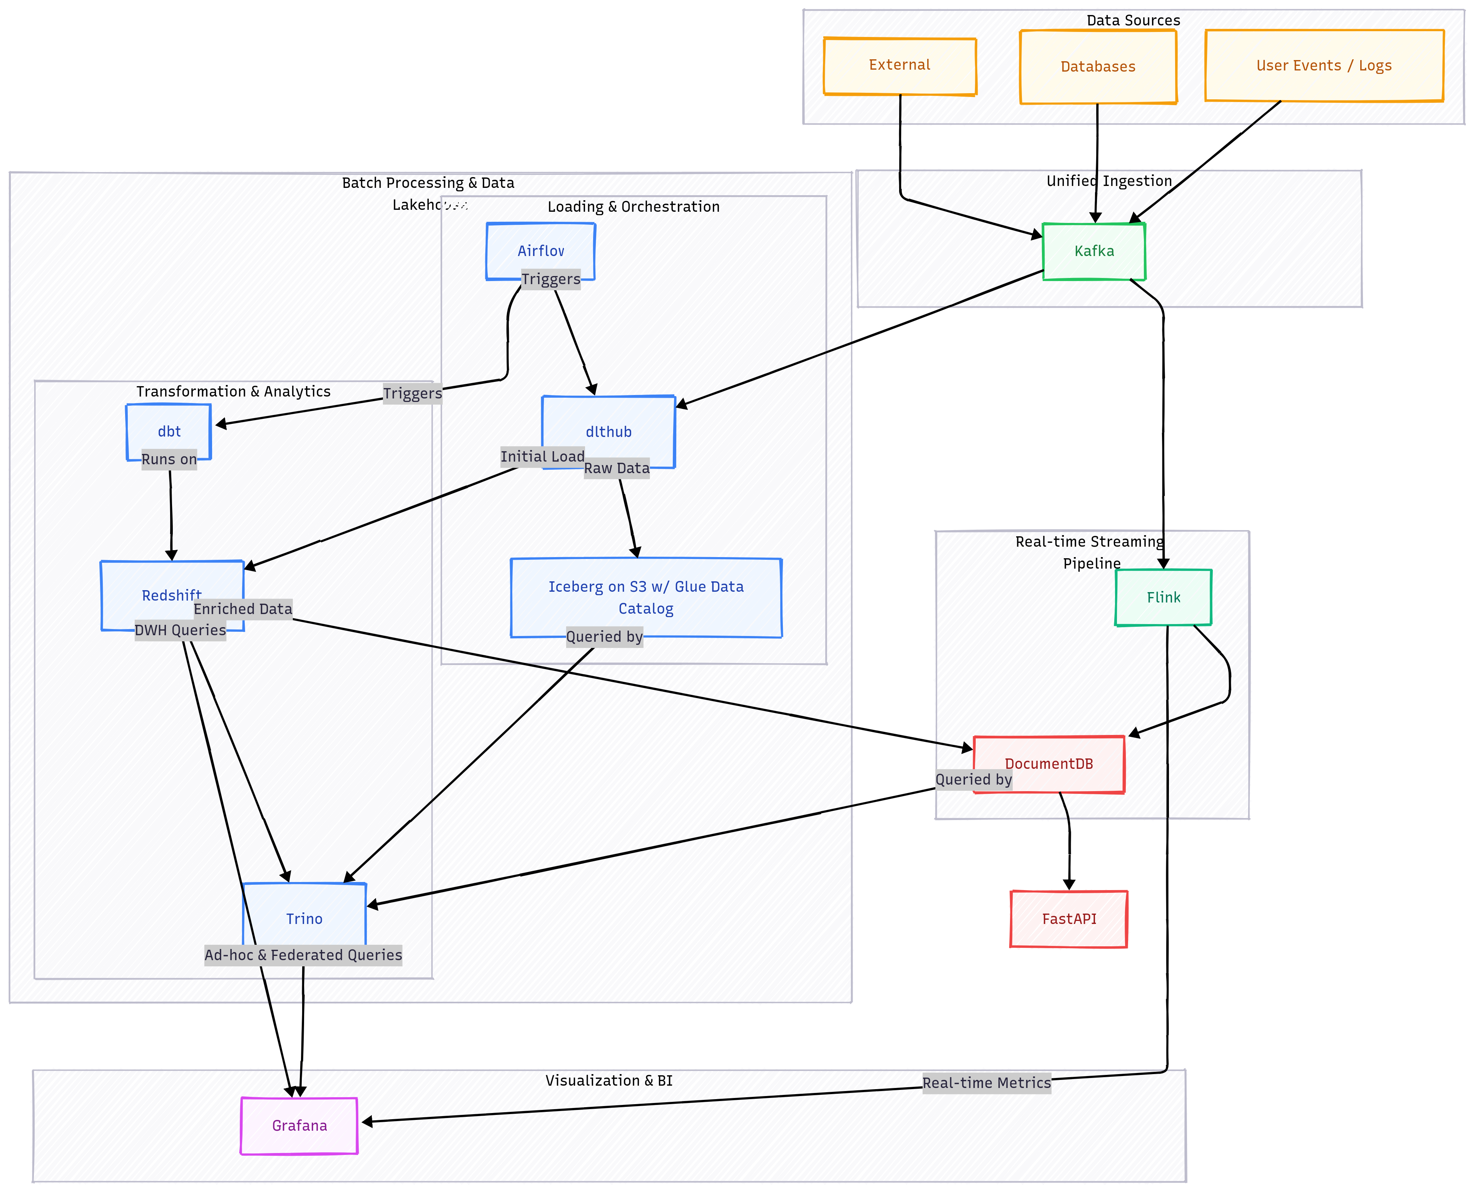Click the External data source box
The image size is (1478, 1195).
(900, 65)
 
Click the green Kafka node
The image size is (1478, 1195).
(1093, 251)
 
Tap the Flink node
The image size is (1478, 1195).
(1163, 597)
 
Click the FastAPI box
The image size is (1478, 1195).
(1068, 919)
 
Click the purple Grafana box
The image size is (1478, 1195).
(299, 1125)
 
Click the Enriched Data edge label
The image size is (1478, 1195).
(243, 609)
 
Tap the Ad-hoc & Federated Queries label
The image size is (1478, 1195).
(303, 955)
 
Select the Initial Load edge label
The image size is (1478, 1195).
(542, 456)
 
